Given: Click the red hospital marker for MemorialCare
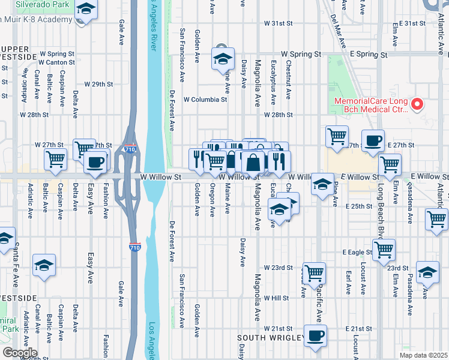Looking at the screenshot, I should (x=418, y=105).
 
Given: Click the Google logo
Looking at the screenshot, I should (x=19, y=353).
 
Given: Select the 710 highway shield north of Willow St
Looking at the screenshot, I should (x=129, y=149).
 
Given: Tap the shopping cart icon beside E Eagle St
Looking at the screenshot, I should (x=384, y=248).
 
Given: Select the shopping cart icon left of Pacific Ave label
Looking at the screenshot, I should (x=315, y=273).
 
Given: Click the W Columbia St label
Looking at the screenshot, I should (x=205, y=99).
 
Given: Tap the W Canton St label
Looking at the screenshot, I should (x=56, y=62).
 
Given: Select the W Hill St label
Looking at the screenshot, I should (x=276, y=298).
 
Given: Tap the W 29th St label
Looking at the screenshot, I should (x=99, y=84).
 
